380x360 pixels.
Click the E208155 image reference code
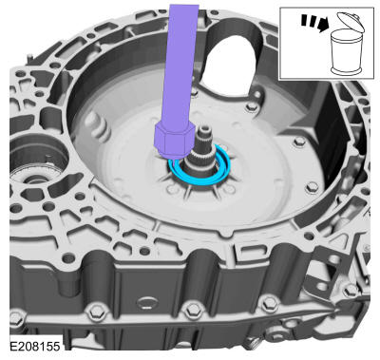click(35, 346)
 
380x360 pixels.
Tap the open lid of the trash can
click(351, 22)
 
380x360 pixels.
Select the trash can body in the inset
click(346, 52)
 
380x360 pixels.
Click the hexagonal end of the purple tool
click(174, 142)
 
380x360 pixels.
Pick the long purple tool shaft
click(180, 65)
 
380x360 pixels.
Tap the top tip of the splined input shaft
click(205, 127)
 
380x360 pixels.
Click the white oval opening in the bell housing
click(229, 65)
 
